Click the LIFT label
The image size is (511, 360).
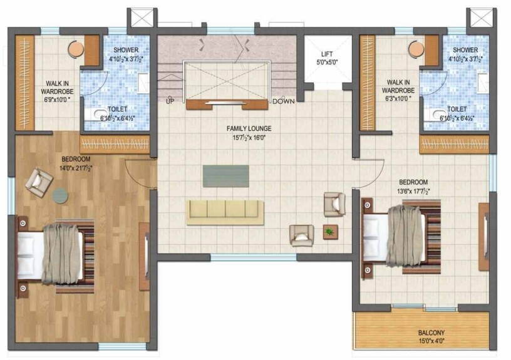328,54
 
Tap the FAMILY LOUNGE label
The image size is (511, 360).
249,128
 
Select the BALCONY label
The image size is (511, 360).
431,332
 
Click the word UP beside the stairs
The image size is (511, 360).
170,100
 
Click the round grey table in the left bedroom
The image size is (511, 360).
60,196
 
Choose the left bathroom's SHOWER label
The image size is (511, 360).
126,50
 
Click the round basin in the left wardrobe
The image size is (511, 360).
75,49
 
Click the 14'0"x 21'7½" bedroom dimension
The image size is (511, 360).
76,167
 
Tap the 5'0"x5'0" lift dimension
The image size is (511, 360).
328,63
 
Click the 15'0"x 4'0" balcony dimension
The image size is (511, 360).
431,341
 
